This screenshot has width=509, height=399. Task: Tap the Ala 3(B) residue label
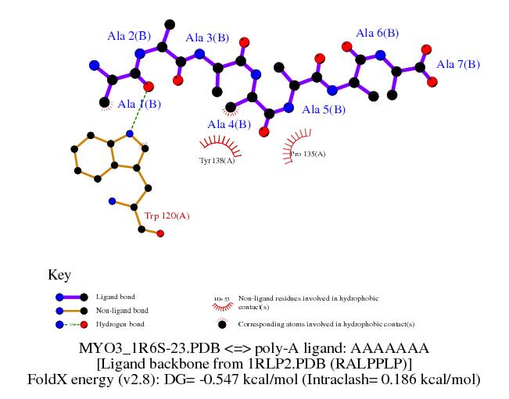(x=207, y=37)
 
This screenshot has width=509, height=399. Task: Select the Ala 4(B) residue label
(x=229, y=124)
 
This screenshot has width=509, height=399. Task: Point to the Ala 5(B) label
(x=324, y=109)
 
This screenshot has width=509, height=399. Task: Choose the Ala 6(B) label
(x=378, y=33)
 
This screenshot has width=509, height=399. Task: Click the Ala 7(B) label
(x=458, y=64)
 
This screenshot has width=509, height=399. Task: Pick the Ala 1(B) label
(x=140, y=104)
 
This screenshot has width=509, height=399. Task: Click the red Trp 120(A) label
(x=167, y=216)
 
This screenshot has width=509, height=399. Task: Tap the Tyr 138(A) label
(x=217, y=160)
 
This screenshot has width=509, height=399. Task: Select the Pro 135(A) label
(x=307, y=154)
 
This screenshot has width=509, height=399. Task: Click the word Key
(x=59, y=275)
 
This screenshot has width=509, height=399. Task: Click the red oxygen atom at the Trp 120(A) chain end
(x=160, y=233)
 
